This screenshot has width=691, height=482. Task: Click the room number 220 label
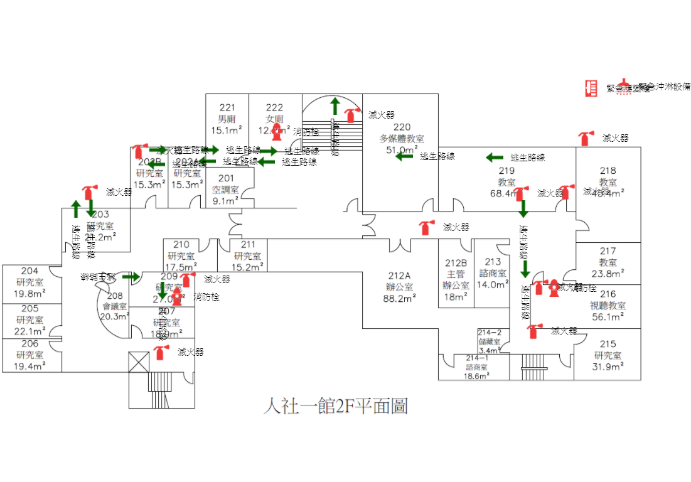(402, 127)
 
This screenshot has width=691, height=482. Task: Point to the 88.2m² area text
(399, 299)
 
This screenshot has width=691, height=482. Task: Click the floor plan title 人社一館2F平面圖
(336, 407)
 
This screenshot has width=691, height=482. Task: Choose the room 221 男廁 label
(227, 113)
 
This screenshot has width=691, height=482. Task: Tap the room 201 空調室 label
(225, 184)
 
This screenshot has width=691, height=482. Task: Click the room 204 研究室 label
(30, 277)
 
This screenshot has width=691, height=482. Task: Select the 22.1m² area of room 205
(30, 331)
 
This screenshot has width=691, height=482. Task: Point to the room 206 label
(30, 343)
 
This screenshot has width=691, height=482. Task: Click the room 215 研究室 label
(608, 350)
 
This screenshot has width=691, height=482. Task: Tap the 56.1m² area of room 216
(608, 317)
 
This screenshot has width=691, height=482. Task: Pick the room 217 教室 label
(608, 257)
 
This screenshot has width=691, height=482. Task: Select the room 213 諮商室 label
(493, 267)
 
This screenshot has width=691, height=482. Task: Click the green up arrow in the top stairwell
(335, 104)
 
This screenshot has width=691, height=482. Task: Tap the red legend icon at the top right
(589, 88)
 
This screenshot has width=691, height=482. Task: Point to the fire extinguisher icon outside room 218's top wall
(586, 138)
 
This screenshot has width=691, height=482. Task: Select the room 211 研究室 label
(247, 250)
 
